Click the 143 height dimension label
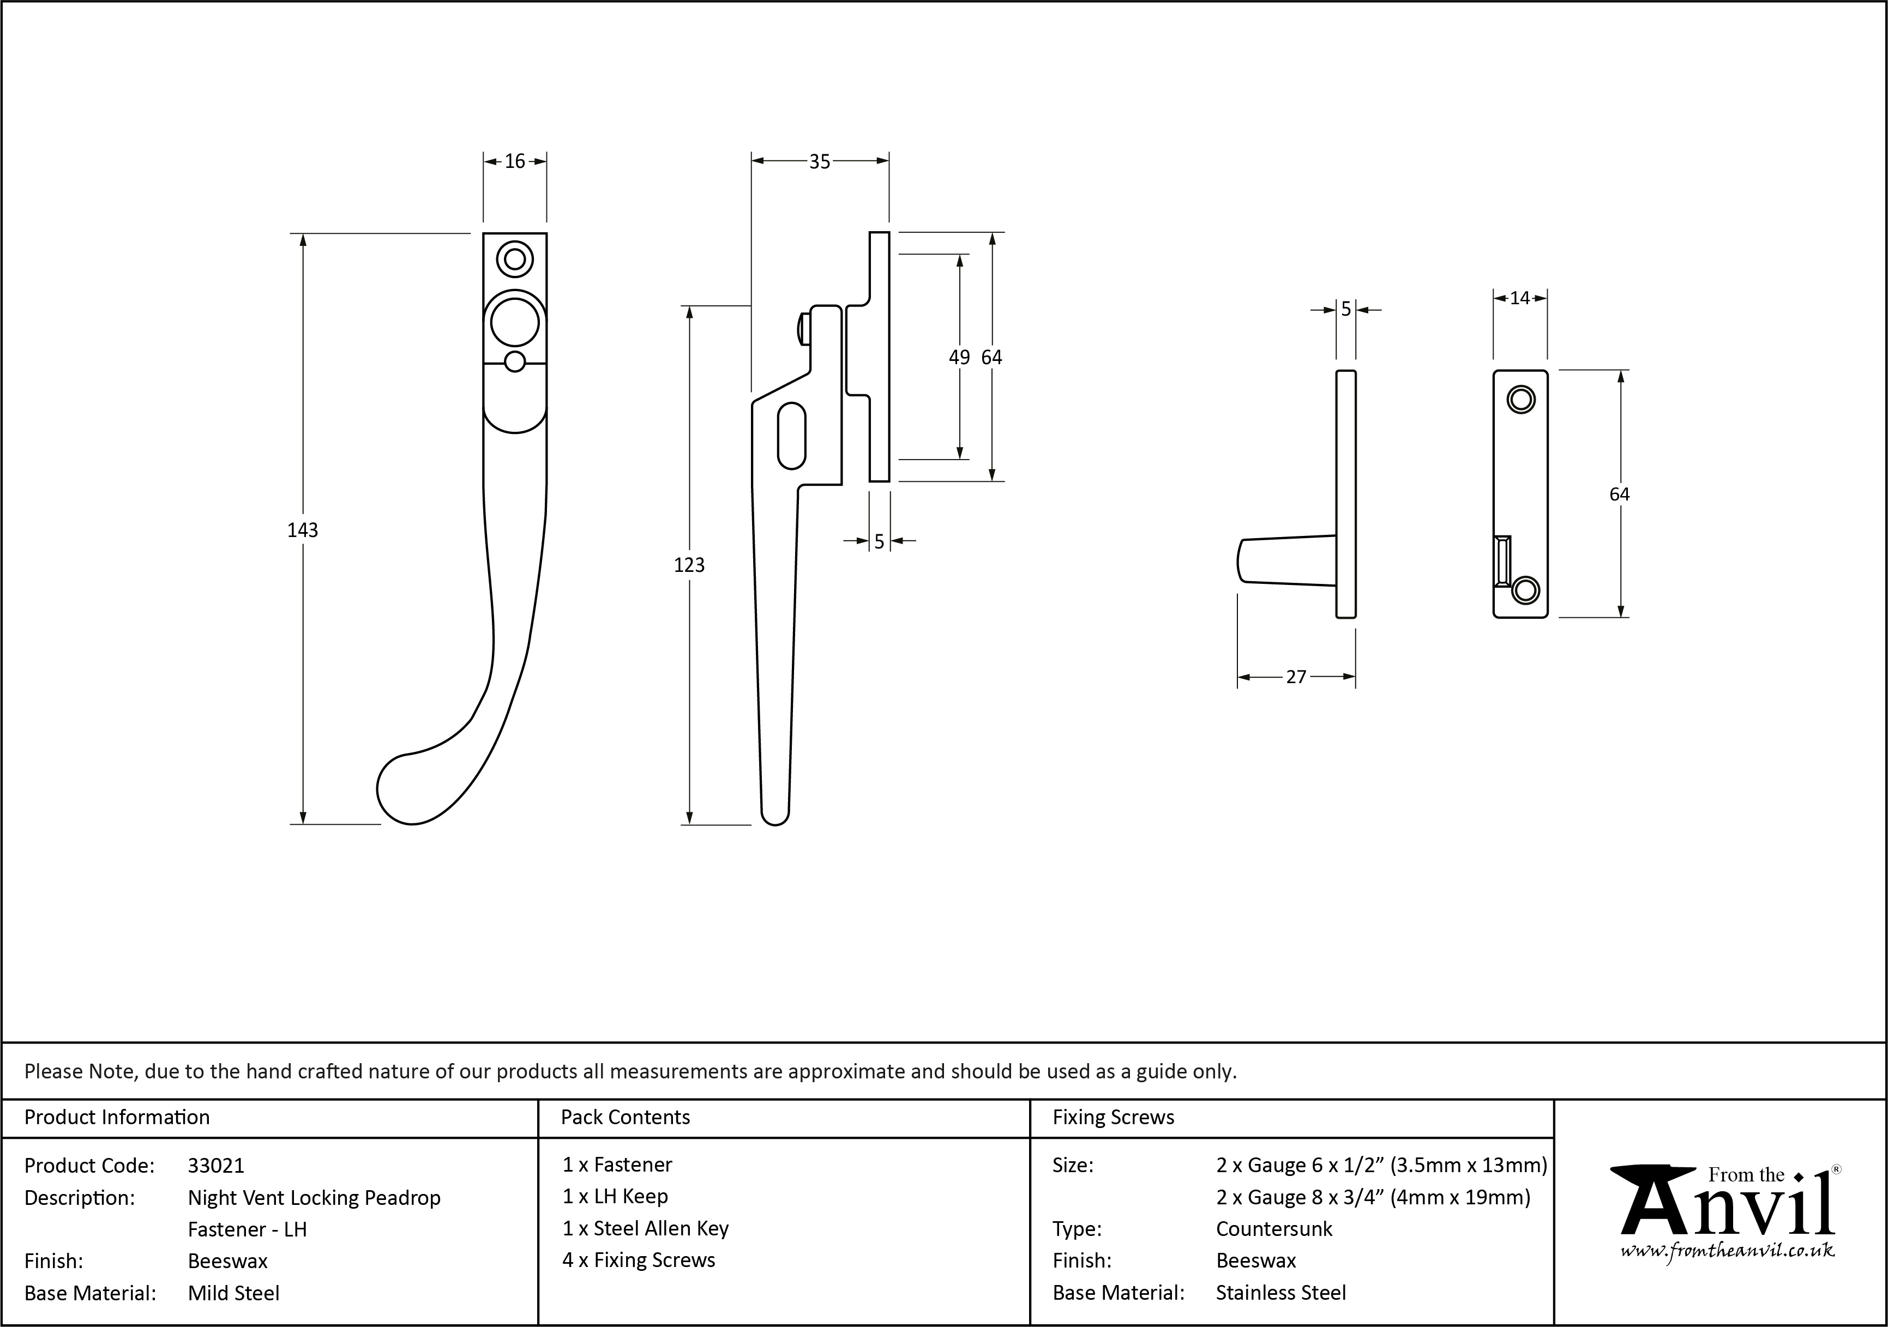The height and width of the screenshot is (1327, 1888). [x=303, y=530]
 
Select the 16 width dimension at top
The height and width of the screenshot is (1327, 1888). [x=515, y=161]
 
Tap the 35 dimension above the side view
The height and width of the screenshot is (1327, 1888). [x=819, y=162]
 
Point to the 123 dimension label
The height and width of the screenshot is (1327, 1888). [x=689, y=565]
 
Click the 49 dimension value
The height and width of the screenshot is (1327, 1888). [x=959, y=357]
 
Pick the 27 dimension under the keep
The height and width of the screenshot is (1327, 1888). [x=1296, y=677]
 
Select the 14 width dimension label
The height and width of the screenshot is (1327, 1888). [x=1519, y=298]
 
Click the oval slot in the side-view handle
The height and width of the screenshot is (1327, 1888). [x=791, y=435]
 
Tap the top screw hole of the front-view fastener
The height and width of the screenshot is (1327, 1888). [x=515, y=259]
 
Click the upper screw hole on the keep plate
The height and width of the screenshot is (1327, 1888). [x=1520, y=400]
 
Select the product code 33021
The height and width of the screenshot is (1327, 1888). [x=215, y=1165]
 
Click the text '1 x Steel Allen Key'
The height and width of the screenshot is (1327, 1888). [x=646, y=1228]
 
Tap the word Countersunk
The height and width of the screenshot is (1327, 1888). [x=1274, y=1228]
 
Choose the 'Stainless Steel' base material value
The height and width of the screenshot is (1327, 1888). [x=1280, y=1293]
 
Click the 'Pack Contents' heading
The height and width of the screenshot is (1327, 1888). [x=625, y=1117]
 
